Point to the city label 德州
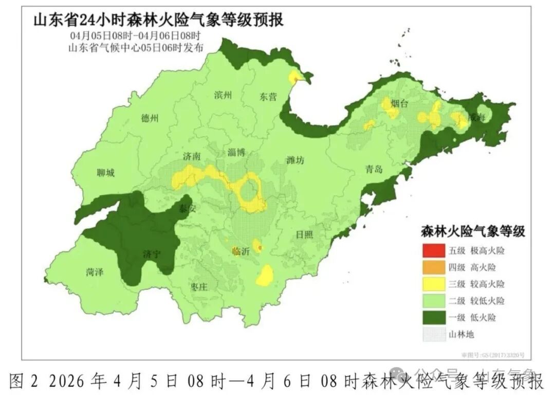click(x=150, y=118)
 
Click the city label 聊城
click(x=105, y=173)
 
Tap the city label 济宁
click(x=153, y=254)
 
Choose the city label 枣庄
click(x=198, y=287)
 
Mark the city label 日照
click(x=304, y=234)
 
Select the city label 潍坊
click(x=295, y=160)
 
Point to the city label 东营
click(x=268, y=97)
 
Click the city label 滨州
click(x=223, y=95)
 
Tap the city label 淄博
click(x=237, y=152)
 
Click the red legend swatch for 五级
click(x=432, y=251)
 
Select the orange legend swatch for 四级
click(x=432, y=267)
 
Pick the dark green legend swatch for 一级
click(x=432, y=317)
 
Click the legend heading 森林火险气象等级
click(x=473, y=231)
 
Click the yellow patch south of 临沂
click(x=265, y=276)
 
